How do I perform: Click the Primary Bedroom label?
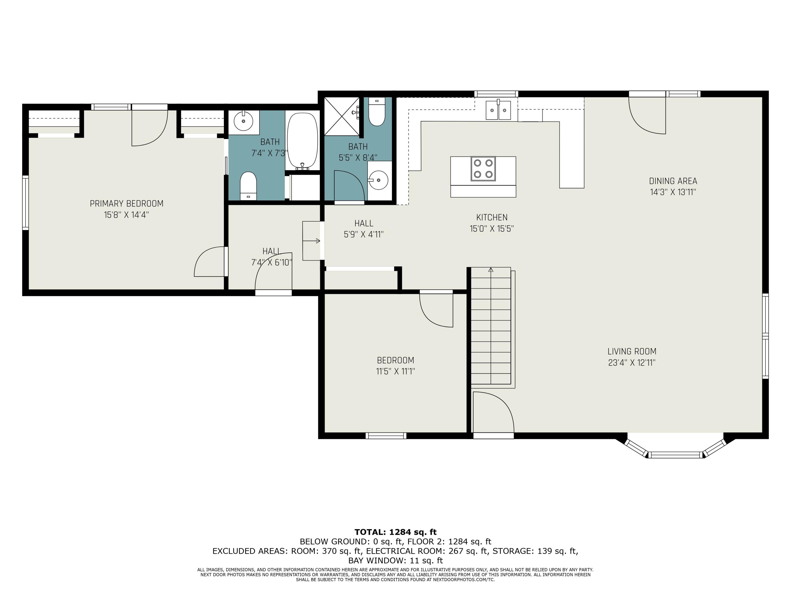click(127, 203)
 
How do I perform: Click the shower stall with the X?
click(341, 116)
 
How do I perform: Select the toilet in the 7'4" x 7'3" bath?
click(248, 186)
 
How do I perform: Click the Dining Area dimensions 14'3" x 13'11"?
click(673, 192)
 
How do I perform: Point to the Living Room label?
click(632, 351)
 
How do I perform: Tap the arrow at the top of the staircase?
click(491, 270)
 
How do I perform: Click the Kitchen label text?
click(492, 217)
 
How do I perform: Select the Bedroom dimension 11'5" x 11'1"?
click(395, 371)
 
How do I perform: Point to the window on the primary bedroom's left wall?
click(25, 203)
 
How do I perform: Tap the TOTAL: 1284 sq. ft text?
click(395, 532)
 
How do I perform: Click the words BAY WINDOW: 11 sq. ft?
click(395, 561)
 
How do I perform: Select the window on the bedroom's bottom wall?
click(386, 436)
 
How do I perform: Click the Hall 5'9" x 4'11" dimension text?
click(364, 235)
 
